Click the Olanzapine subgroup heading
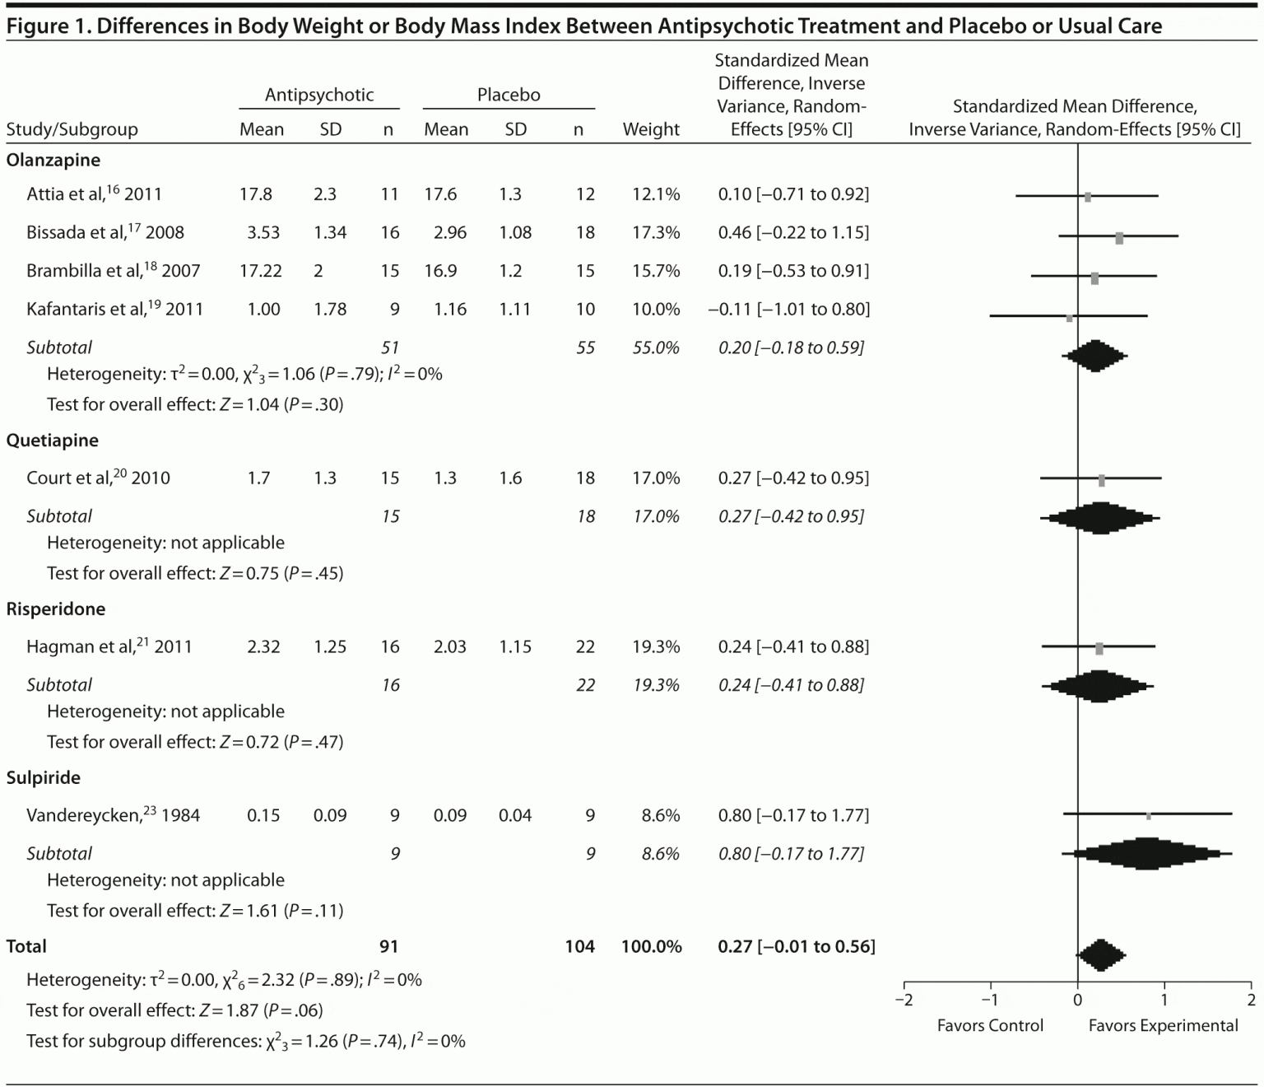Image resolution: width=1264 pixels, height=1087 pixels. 53,160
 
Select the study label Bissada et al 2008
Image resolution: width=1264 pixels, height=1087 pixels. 105,232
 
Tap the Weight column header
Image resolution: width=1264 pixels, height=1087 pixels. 651,129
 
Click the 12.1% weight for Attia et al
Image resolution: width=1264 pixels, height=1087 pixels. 656,194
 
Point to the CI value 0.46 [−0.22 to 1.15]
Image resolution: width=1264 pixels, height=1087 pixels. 793,232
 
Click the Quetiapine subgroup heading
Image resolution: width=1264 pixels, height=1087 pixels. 53,441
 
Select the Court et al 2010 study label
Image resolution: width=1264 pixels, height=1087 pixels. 98,478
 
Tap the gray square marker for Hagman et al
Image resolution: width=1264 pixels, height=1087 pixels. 1099,648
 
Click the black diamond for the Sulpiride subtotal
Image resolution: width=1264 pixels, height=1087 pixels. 1145,853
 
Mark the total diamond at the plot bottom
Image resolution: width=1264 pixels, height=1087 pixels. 1100,955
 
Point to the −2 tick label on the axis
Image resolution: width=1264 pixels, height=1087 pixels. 904,1001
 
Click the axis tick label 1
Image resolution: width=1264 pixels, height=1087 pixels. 1164,1001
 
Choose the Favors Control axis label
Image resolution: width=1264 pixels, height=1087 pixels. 990,1026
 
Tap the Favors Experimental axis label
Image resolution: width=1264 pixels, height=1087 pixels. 1163,1026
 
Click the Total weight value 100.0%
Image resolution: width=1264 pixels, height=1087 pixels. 651,947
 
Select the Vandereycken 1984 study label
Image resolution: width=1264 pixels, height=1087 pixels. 113,816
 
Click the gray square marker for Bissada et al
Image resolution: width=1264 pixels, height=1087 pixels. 1119,238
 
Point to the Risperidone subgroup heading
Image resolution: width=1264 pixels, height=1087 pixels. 56,609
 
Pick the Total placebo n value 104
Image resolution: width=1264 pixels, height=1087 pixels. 579,947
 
